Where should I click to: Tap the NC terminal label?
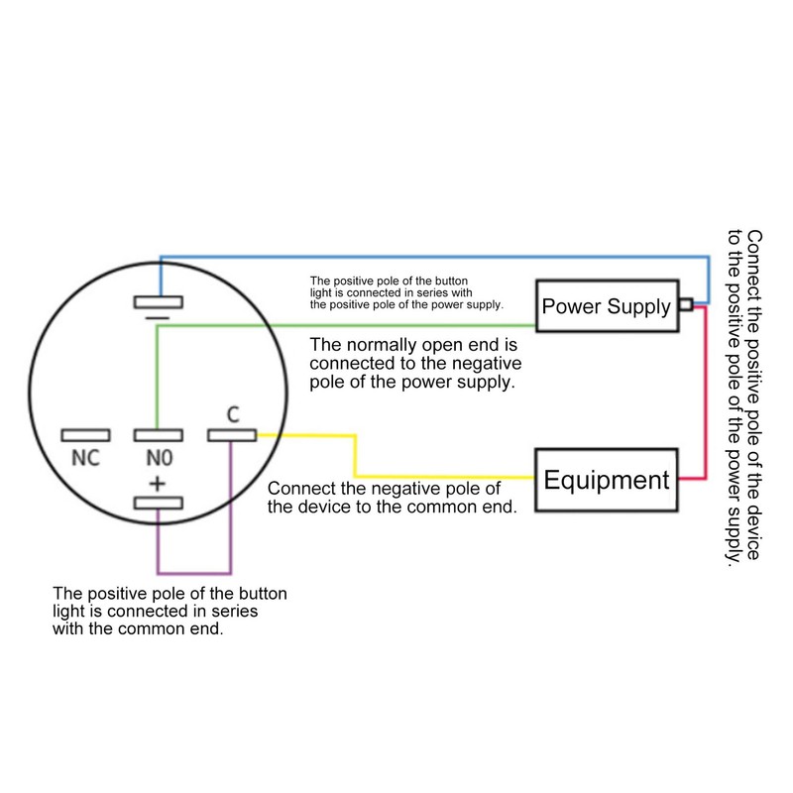(85, 458)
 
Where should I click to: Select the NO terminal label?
(160, 458)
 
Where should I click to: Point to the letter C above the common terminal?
(233, 414)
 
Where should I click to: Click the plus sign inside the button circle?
(158, 484)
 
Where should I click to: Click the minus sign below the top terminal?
(158, 318)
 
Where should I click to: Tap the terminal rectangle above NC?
(85, 435)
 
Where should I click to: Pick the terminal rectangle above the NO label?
(159, 435)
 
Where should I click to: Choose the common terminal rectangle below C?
(232, 435)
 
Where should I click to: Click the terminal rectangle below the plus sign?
(159, 504)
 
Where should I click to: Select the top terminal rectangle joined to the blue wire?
(159, 302)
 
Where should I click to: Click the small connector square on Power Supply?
(686, 304)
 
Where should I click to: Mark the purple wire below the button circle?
(194, 574)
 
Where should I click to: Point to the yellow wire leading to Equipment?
(355, 455)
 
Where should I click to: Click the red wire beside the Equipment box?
(706, 392)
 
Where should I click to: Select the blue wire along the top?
(435, 258)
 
